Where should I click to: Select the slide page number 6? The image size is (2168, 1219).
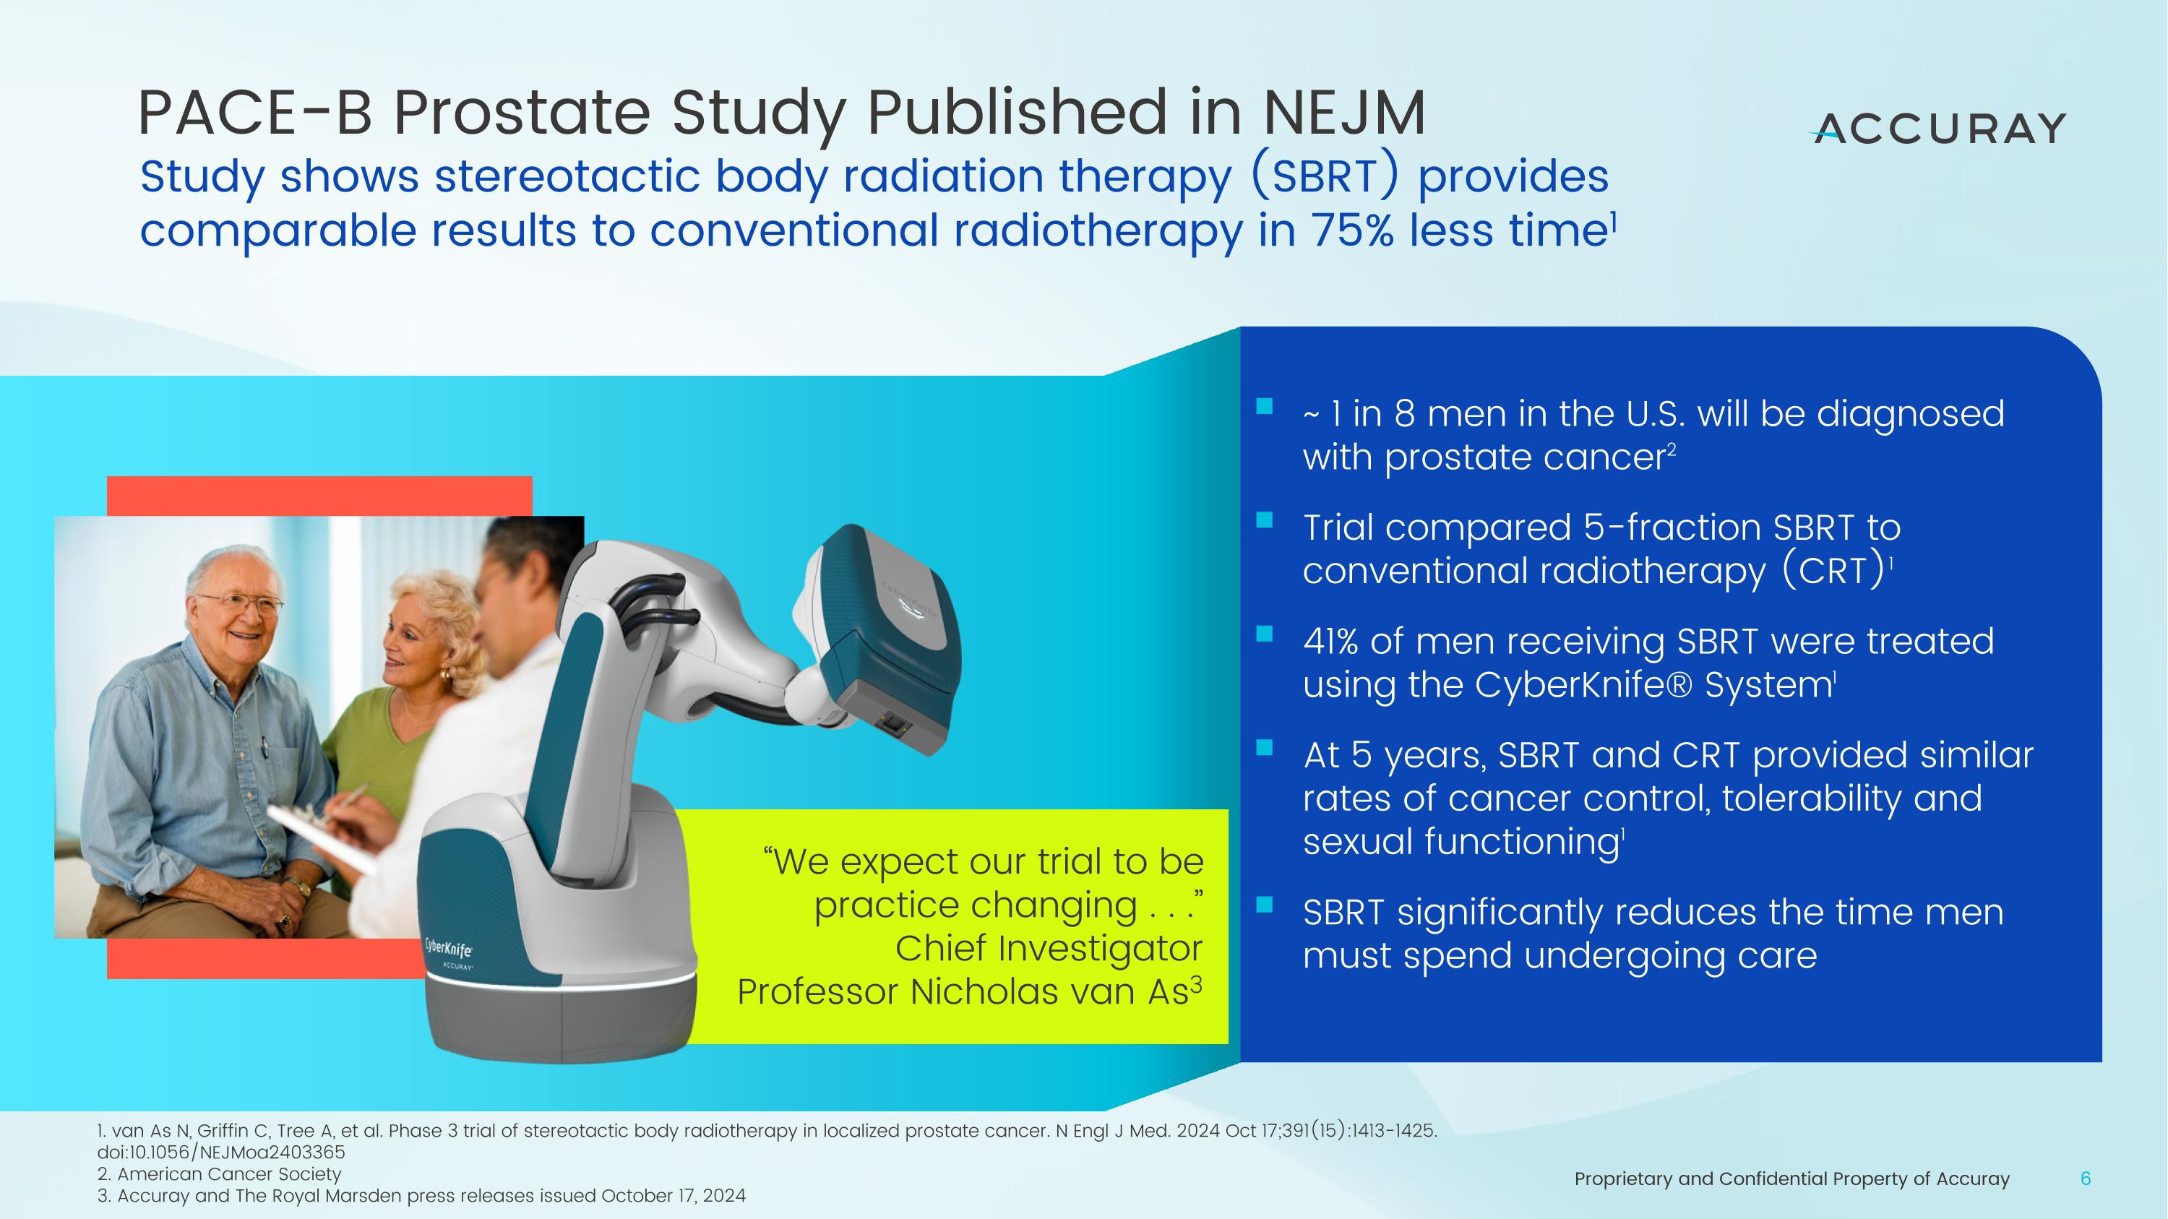coord(2085,1179)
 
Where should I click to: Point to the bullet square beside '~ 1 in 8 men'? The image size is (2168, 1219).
coord(1264,407)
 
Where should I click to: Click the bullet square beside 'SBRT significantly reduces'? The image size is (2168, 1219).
coord(1264,905)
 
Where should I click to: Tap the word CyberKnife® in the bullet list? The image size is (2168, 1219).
coord(1581,685)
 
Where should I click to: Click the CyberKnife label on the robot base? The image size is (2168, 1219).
coord(449,948)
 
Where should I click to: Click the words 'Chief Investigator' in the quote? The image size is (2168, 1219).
coord(1049,948)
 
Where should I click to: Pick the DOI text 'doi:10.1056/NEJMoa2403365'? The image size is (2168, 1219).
coord(220,1152)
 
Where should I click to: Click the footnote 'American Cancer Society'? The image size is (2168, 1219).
coord(229,1173)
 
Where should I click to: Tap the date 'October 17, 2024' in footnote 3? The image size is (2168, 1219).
coord(674,1195)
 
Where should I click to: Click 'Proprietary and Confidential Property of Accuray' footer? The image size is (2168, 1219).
coord(1791,1179)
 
